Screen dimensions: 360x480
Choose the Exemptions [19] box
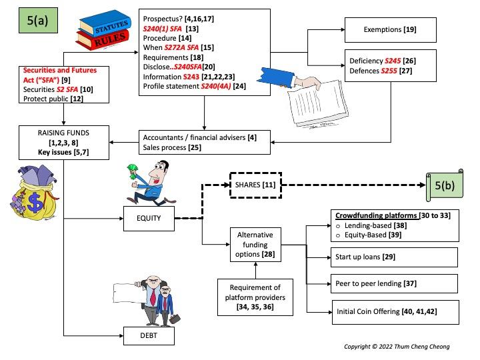(x=390, y=30)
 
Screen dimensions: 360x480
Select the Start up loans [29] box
(x=394, y=257)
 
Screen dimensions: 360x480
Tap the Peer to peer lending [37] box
(x=394, y=283)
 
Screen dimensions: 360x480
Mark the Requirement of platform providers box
(x=257, y=296)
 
